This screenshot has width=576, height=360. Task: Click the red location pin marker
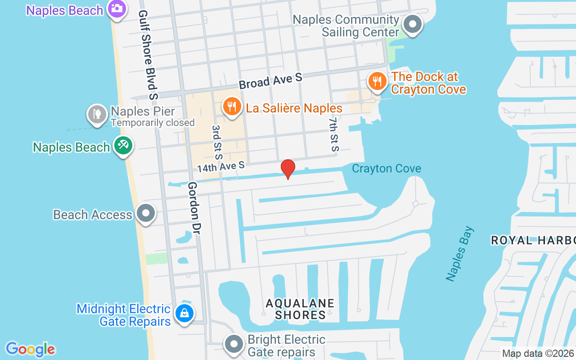pyautogui.click(x=288, y=169)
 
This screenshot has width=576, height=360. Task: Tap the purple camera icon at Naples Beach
pyautogui.click(x=117, y=9)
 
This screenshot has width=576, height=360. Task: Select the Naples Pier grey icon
pyautogui.click(x=97, y=114)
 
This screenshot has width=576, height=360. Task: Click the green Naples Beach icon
pyautogui.click(x=122, y=145)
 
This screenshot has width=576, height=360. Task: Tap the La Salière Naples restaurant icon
pyautogui.click(x=231, y=107)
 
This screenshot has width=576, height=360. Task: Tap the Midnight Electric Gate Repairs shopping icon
pyautogui.click(x=184, y=313)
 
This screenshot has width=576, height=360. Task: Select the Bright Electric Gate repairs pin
pyautogui.click(x=233, y=344)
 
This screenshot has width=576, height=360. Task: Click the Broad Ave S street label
pyautogui.click(x=270, y=81)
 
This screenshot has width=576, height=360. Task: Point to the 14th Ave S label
pyautogui.click(x=220, y=167)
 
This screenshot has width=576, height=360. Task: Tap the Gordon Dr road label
pyautogui.click(x=194, y=208)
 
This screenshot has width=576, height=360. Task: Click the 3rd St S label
pyautogui.click(x=217, y=143)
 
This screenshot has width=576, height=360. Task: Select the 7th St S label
pyautogui.click(x=333, y=135)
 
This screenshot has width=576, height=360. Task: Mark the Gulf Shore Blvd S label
pyautogui.click(x=148, y=55)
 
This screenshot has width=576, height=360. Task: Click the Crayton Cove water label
pyautogui.click(x=387, y=169)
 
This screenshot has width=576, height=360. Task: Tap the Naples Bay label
pyautogui.click(x=460, y=254)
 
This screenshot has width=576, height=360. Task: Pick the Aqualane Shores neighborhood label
pyautogui.click(x=300, y=309)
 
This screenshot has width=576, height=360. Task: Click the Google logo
pyautogui.click(x=31, y=349)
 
